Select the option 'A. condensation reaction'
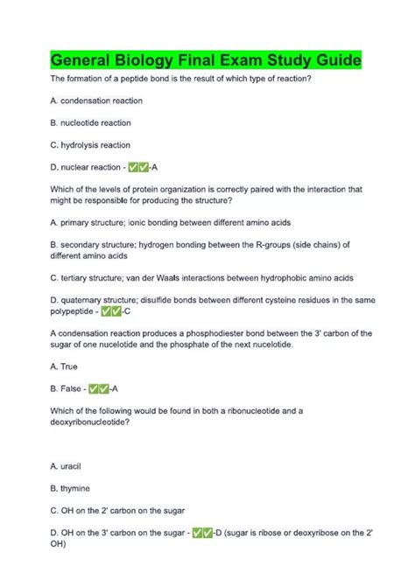pyautogui.click(x=95, y=101)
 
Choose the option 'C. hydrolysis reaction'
pyautogui.click(x=90, y=144)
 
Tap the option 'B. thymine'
pyautogui.click(x=70, y=487)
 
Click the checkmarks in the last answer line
pyautogui.click(x=202, y=531)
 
